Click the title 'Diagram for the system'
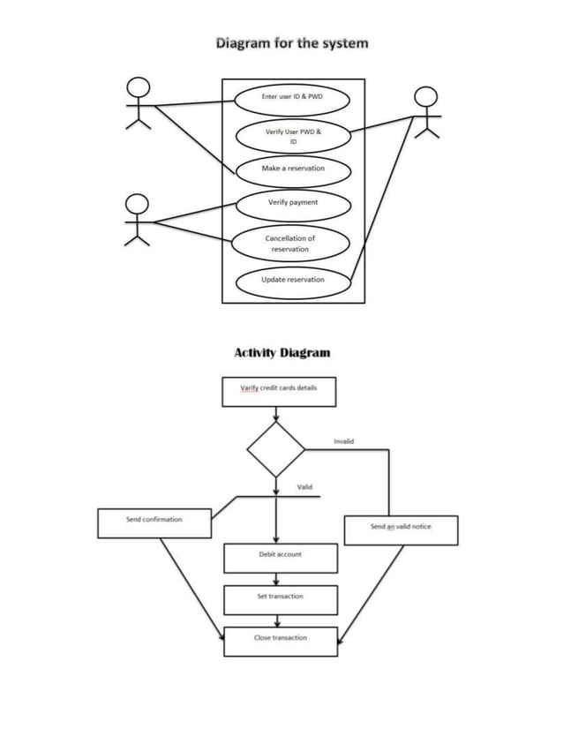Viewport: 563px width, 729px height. [x=292, y=42]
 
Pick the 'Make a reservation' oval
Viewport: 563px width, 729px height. [x=293, y=169]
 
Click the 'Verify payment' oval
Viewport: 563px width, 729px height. [x=293, y=203]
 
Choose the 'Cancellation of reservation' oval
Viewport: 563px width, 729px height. [x=289, y=244]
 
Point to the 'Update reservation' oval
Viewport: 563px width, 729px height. [x=293, y=280]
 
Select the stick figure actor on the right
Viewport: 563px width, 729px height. [x=427, y=112]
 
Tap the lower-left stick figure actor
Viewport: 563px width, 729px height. [x=137, y=221]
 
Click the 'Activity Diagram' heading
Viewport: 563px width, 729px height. [x=281, y=353]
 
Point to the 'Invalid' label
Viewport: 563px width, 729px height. [x=343, y=440]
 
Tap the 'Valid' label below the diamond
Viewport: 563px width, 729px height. [x=304, y=487]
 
